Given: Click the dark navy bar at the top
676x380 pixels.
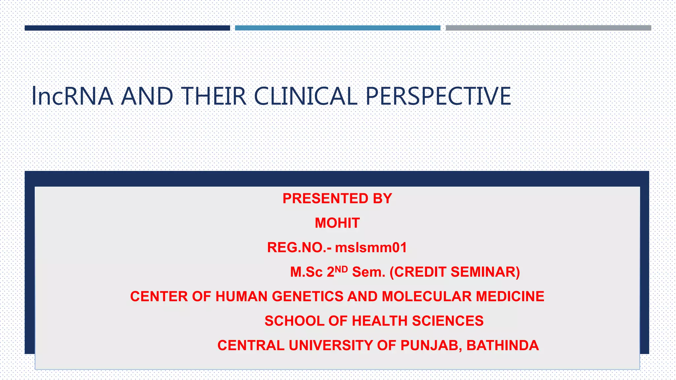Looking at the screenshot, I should click(127, 28).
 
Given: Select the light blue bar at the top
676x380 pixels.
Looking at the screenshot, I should click(337, 28).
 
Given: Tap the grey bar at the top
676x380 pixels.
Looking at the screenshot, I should click(548, 28).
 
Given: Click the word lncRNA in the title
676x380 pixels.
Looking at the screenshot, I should click(72, 96).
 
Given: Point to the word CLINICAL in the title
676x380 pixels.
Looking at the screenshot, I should click(306, 96).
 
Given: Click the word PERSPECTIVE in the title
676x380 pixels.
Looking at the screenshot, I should click(438, 96).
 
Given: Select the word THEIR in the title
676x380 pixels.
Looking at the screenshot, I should click(214, 96).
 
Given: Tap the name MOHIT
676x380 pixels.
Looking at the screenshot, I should click(337, 223).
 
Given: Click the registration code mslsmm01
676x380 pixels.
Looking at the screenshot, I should click(371, 247).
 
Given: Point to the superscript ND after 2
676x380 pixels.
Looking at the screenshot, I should click(341, 269).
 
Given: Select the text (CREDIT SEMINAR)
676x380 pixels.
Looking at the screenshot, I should click(455, 272).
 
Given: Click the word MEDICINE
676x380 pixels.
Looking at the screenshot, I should click(510, 296).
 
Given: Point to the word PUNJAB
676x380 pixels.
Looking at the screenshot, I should click(429, 345).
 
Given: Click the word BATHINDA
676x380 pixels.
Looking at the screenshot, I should click(502, 345).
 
